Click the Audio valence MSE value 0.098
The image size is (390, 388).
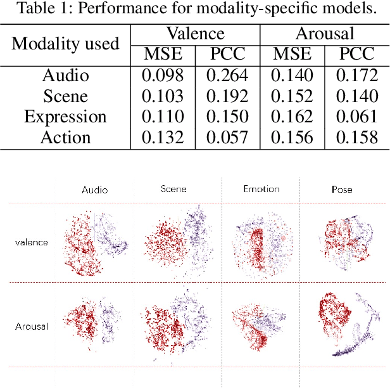click(163, 76)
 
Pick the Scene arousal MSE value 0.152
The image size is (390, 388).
click(292, 96)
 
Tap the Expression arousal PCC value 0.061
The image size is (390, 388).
click(356, 117)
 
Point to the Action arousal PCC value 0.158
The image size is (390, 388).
click(356, 138)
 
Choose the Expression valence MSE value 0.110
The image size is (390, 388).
click(163, 117)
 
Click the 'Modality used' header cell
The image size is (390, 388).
click(66, 44)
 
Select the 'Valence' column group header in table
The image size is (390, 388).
click(195, 34)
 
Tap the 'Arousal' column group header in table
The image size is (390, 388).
click(324, 34)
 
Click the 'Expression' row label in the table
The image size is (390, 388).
click(66, 117)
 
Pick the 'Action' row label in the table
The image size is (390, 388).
click(66, 138)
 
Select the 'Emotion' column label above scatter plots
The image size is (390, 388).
click(261, 190)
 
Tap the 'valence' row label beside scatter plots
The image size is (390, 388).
click(32, 242)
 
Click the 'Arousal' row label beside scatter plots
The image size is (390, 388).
click(32, 327)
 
